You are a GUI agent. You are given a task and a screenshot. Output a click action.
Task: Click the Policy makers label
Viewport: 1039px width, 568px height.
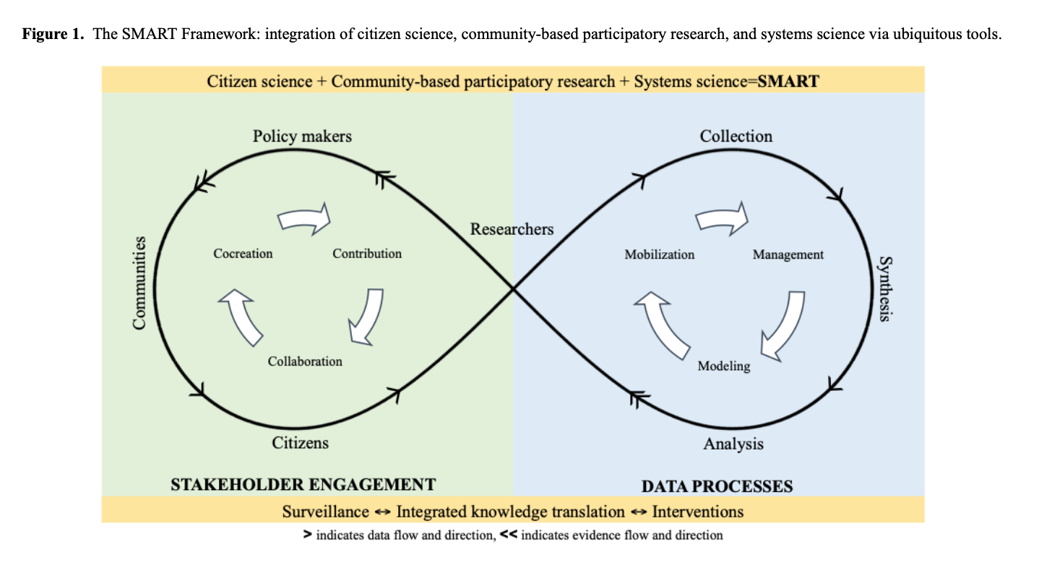(x=302, y=136)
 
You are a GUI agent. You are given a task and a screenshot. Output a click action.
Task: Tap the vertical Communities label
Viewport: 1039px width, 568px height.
(x=139, y=283)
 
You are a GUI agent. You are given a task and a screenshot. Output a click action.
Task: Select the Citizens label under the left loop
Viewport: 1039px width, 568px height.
(x=300, y=442)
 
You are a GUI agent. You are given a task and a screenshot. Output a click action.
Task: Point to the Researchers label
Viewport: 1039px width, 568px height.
(x=512, y=229)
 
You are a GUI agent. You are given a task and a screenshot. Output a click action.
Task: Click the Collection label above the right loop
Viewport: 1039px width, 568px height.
(x=736, y=136)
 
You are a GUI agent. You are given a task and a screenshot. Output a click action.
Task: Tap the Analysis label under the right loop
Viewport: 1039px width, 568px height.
(x=733, y=444)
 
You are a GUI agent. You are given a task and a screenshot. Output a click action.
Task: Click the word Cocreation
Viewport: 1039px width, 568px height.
(x=243, y=254)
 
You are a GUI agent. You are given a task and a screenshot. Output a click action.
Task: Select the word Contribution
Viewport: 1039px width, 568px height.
(x=367, y=254)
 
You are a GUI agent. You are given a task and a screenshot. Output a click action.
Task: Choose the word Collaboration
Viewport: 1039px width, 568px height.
(x=305, y=361)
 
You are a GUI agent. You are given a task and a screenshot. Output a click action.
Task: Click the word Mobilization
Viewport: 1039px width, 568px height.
(x=659, y=254)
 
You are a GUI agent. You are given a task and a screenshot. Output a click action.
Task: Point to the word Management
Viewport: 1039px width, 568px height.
(x=788, y=254)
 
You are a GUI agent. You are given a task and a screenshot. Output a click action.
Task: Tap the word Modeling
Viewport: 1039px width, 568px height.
(x=723, y=366)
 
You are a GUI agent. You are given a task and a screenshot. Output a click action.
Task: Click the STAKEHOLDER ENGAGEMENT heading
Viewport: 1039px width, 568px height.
(x=303, y=484)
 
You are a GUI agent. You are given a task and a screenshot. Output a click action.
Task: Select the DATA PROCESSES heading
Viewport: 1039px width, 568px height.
(x=717, y=486)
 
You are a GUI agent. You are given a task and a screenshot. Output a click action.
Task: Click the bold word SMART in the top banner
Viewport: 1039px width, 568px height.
(x=788, y=80)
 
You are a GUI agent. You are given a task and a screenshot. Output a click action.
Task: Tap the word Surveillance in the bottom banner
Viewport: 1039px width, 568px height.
(x=325, y=512)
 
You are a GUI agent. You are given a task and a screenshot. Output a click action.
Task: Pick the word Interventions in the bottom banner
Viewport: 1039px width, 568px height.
(x=697, y=512)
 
